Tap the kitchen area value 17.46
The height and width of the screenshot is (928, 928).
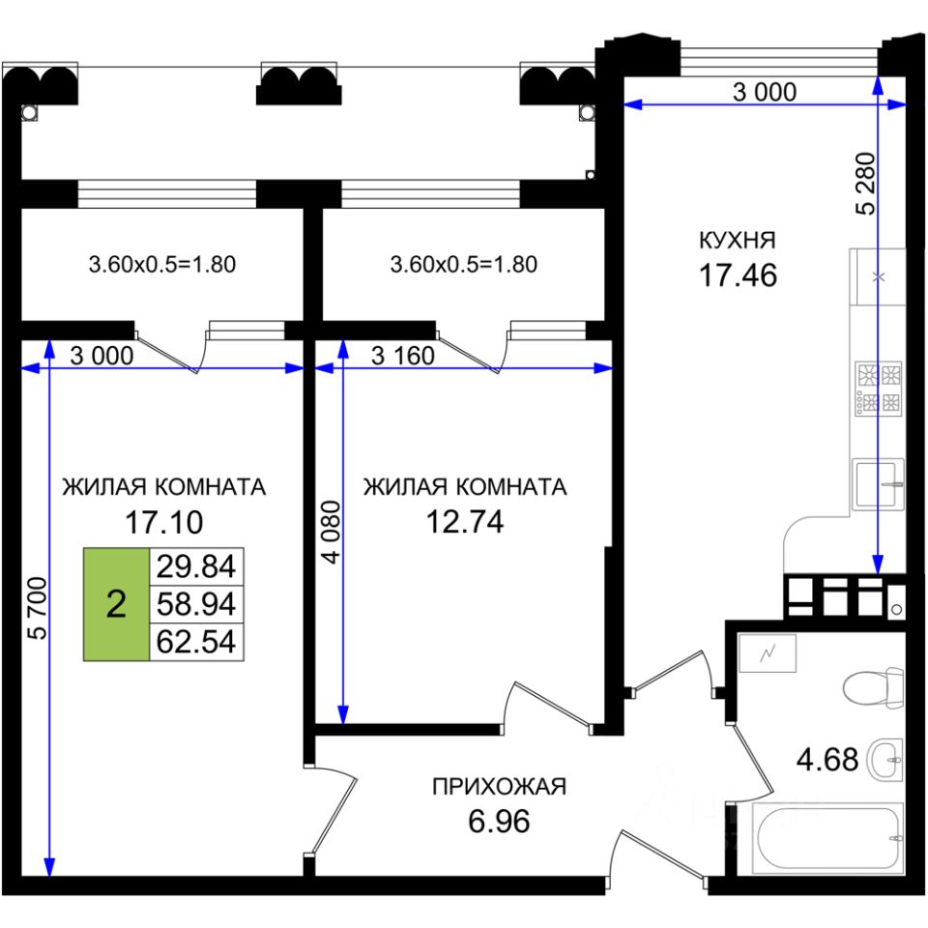point(739,276)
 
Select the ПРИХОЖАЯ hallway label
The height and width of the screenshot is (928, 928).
point(498,787)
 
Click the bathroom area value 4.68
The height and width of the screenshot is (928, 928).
point(826,759)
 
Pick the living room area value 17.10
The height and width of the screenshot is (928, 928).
point(163,523)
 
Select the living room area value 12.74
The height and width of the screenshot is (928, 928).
point(465,522)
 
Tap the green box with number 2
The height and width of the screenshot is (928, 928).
point(116,605)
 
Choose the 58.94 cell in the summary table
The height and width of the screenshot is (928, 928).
point(196,605)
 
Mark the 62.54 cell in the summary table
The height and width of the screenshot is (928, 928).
point(196,642)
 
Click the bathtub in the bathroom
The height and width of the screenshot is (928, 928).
point(829,836)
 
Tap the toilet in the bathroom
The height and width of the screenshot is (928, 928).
point(872,688)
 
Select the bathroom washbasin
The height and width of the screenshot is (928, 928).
point(884,759)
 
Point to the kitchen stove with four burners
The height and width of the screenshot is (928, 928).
point(878,390)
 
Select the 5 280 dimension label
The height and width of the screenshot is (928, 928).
point(865,183)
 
